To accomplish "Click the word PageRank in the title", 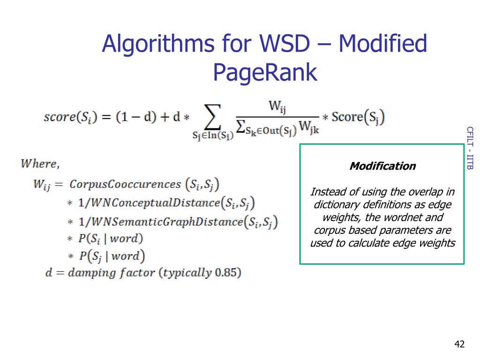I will (265, 73).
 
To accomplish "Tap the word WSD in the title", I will (284, 45).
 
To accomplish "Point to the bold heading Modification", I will (382, 166).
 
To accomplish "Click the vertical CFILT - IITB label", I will (470, 148).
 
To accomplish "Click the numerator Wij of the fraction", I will (277, 107).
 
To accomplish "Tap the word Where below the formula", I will (40, 164).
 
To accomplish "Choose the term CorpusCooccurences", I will (125, 184).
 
